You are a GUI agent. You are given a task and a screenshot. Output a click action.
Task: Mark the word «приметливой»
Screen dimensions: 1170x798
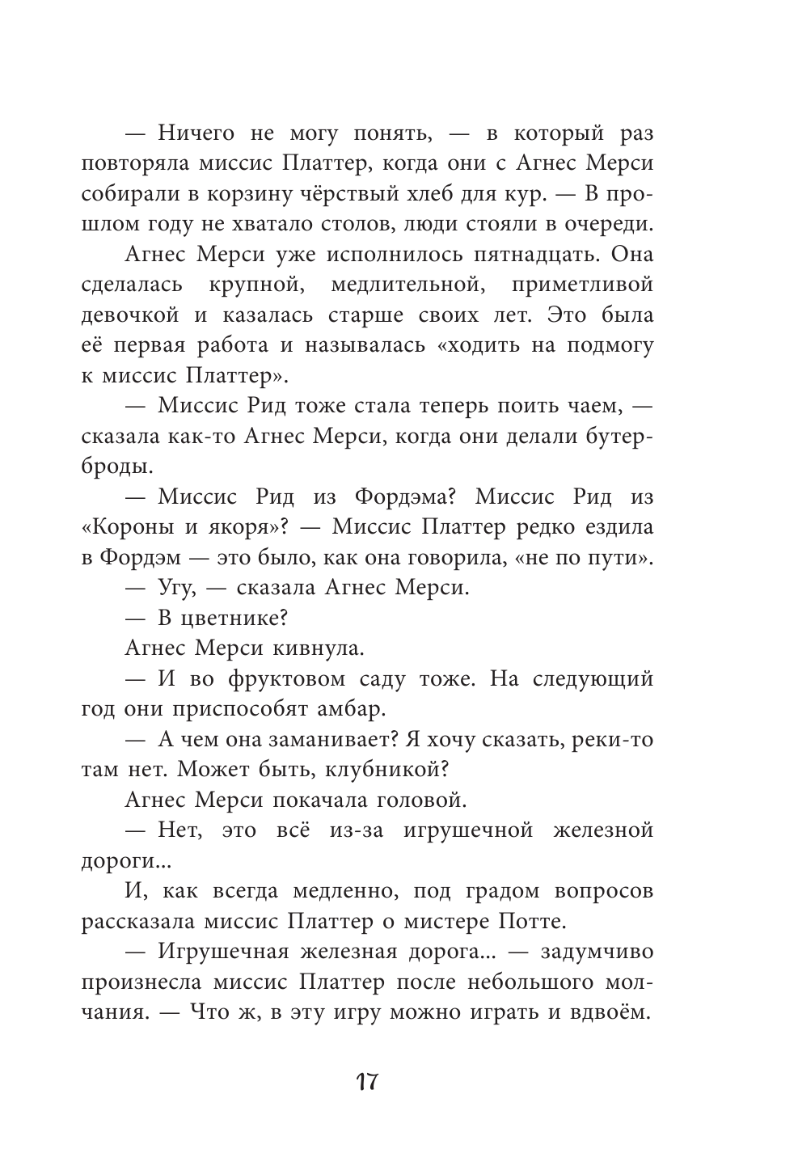click(x=582, y=285)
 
